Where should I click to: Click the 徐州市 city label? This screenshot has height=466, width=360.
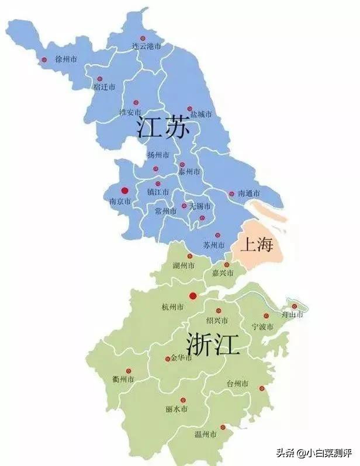click(x=66, y=60)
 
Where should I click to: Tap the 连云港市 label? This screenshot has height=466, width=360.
click(x=146, y=46)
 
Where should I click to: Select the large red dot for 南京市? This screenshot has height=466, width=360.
click(x=124, y=190)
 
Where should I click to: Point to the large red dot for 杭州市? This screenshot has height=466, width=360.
click(x=193, y=296)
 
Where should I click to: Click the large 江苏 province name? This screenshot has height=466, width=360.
click(x=163, y=128)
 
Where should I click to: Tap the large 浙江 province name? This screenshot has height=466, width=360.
click(x=213, y=344)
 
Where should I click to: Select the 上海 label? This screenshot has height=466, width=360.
click(x=257, y=245)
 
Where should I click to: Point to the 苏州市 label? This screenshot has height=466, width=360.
click(x=213, y=244)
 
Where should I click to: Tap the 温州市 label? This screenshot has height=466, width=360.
click(x=206, y=435)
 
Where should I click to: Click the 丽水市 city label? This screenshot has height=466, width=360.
click(x=176, y=409)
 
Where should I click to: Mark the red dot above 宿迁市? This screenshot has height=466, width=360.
click(x=99, y=78)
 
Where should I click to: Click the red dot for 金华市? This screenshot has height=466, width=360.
click(x=168, y=359)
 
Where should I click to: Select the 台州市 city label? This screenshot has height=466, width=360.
click(x=237, y=384)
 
